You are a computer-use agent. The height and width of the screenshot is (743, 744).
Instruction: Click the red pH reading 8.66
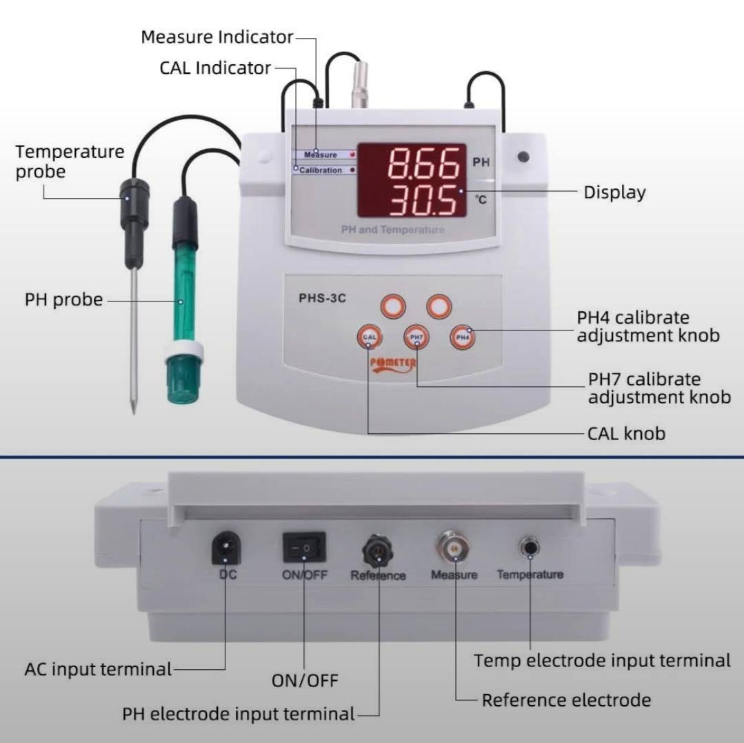pos(423,163)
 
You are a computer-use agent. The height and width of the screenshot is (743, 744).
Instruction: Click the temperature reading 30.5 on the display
pos(423,201)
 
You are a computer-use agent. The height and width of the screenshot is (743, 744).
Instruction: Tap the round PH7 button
pos(416,337)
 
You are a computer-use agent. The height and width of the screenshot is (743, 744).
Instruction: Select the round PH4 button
pos(462,337)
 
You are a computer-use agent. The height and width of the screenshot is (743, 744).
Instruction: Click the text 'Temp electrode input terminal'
pos(602,661)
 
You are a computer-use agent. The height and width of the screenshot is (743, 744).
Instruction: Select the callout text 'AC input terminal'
pos(98,669)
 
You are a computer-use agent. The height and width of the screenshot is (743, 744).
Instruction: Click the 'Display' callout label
pos(614,192)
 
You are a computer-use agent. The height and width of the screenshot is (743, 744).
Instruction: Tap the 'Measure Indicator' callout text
pos(217,37)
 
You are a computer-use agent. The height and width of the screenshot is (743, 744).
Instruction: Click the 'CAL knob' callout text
pos(626,433)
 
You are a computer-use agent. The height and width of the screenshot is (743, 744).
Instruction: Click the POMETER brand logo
pos(393,364)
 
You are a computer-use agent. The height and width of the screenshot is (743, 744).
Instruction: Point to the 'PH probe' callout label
pos(63,299)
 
